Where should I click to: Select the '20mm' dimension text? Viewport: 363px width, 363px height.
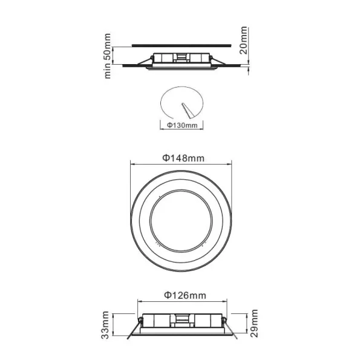point(244,41)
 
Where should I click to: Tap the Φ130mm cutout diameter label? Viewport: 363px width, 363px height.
point(181,126)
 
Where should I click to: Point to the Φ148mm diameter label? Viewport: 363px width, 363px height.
point(182,157)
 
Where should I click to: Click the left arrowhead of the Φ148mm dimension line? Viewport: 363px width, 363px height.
point(132,163)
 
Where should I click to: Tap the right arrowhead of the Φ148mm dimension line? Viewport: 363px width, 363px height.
point(232,163)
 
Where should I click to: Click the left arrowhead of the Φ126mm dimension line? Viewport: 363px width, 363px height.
point(140,301)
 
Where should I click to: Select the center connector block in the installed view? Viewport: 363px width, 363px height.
point(181,58)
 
